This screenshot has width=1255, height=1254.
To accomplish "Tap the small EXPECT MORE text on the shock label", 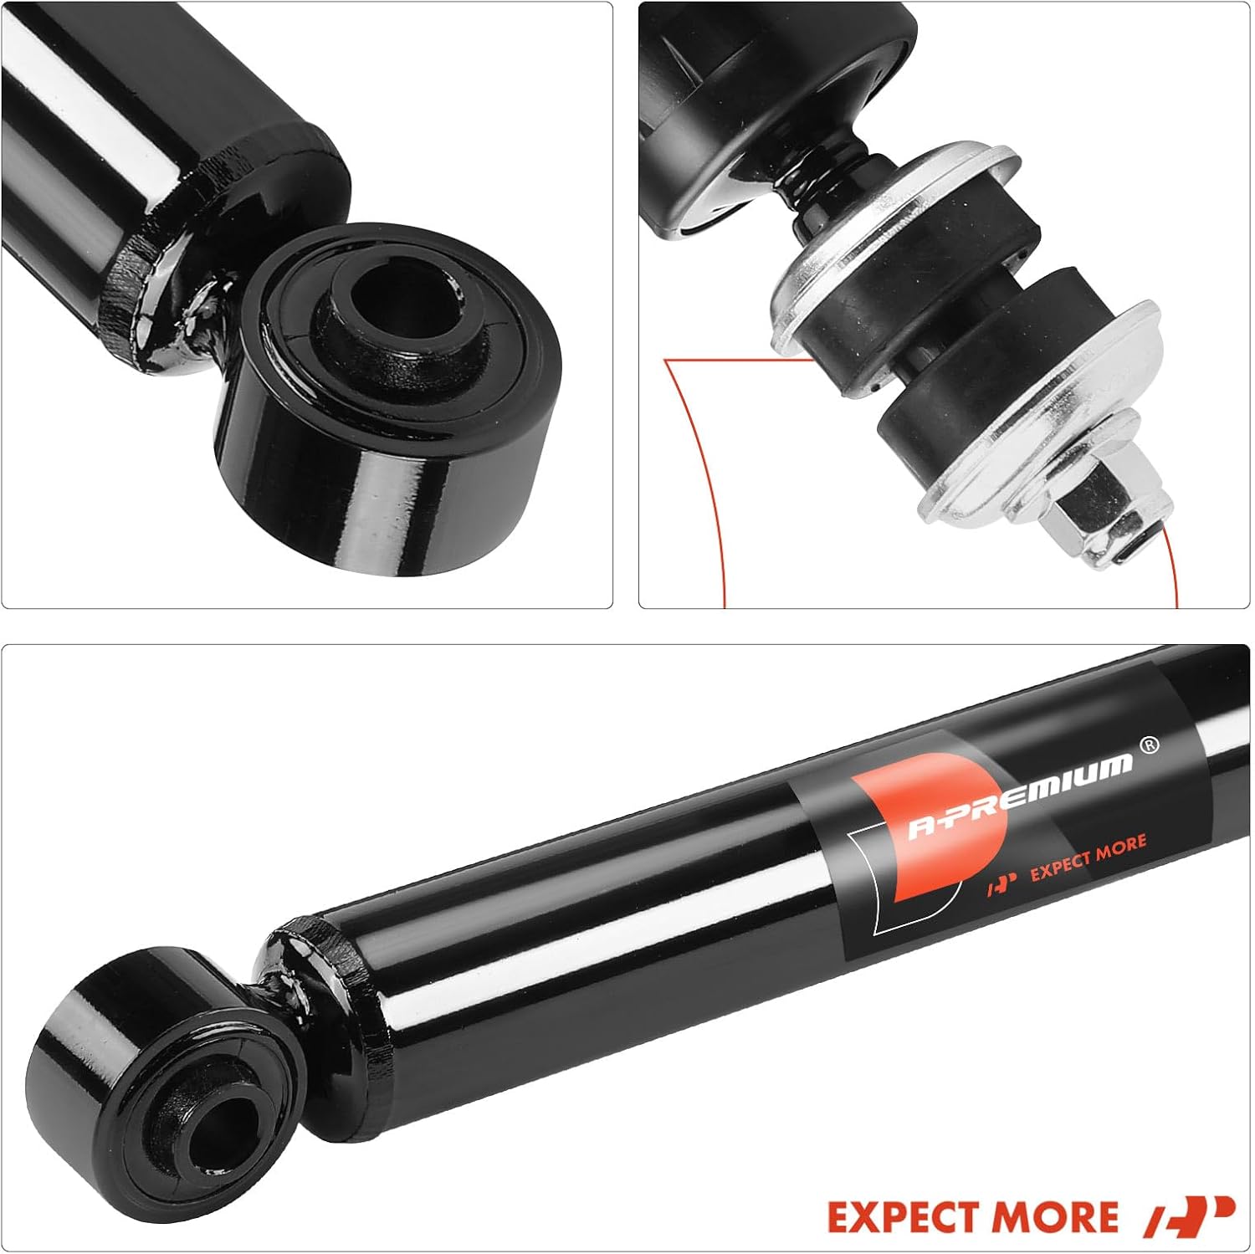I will [x=1088, y=857].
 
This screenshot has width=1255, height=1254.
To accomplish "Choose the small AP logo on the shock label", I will [x=1001, y=883].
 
